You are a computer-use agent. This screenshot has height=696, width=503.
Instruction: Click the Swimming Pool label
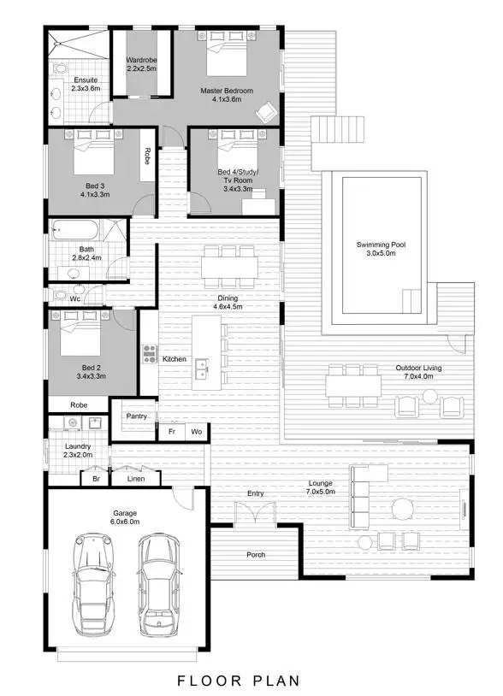point(381,249)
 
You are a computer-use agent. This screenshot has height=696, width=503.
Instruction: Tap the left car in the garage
point(93,584)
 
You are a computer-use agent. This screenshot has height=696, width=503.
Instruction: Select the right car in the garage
point(157,585)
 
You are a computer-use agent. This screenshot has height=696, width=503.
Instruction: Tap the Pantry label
point(137,416)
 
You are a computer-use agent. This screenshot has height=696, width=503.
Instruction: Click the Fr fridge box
point(172,432)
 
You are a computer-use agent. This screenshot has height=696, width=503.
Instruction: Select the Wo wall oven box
point(197,432)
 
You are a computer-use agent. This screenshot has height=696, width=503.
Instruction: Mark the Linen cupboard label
point(136,479)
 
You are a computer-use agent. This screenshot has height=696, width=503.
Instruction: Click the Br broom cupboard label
point(96,479)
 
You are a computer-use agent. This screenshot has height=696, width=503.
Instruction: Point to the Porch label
point(255,555)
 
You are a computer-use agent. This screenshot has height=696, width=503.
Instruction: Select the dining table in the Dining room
point(229,268)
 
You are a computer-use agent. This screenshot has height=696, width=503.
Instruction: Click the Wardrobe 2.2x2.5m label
point(141,64)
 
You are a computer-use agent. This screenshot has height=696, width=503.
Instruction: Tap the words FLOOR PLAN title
point(239,681)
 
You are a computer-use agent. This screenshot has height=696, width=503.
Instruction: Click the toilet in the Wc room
point(60,296)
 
